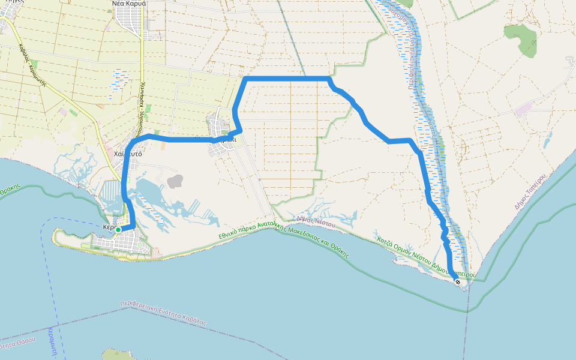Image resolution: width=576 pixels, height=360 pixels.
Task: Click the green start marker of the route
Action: coord(118,230)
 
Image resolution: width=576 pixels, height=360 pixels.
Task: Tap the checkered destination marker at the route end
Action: coord(458,281)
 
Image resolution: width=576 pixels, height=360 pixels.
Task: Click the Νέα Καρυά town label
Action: coord(130,4)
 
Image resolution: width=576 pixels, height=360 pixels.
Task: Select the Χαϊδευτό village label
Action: coord(127,154)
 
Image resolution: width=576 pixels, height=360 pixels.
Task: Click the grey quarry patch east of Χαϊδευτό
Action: coord(175,181)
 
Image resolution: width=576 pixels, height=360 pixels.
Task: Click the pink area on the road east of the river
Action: coord(523,109)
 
